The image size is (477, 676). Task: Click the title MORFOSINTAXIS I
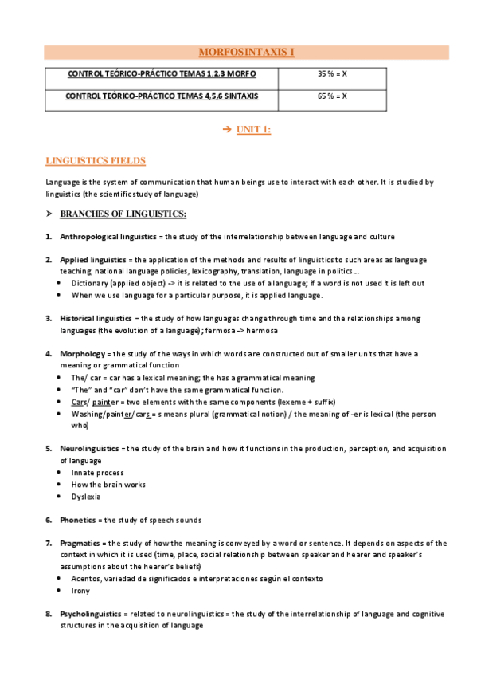(245, 53)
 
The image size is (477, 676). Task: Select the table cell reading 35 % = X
(332, 74)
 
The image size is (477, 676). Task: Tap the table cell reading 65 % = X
(332, 96)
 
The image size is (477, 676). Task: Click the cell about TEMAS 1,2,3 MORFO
(162, 74)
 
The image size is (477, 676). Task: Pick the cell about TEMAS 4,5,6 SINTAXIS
(162, 96)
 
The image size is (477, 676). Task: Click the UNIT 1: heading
(254, 131)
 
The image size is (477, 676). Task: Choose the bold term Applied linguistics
(92, 260)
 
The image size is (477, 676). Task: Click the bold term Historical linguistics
(96, 318)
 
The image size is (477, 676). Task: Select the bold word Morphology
(82, 353)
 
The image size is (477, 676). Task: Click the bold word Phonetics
(78, 520)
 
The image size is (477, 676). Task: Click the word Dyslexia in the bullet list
(86, 497)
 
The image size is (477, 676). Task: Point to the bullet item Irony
(80, 591)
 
